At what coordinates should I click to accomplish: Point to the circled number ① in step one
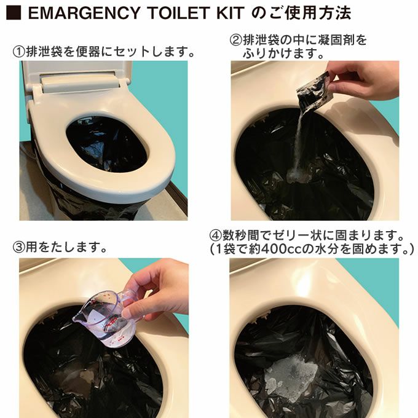(x=18, y=52)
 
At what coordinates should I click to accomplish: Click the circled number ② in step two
(x=235, y=41)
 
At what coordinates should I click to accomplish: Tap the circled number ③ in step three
(x=18, y=247)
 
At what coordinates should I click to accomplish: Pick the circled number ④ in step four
(x=215, y=235)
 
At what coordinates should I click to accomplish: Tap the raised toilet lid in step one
(x=77, y=77)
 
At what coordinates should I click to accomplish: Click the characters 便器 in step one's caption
(x=89, y=52)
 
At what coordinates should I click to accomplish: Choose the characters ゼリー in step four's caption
(x=291, y=235)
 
